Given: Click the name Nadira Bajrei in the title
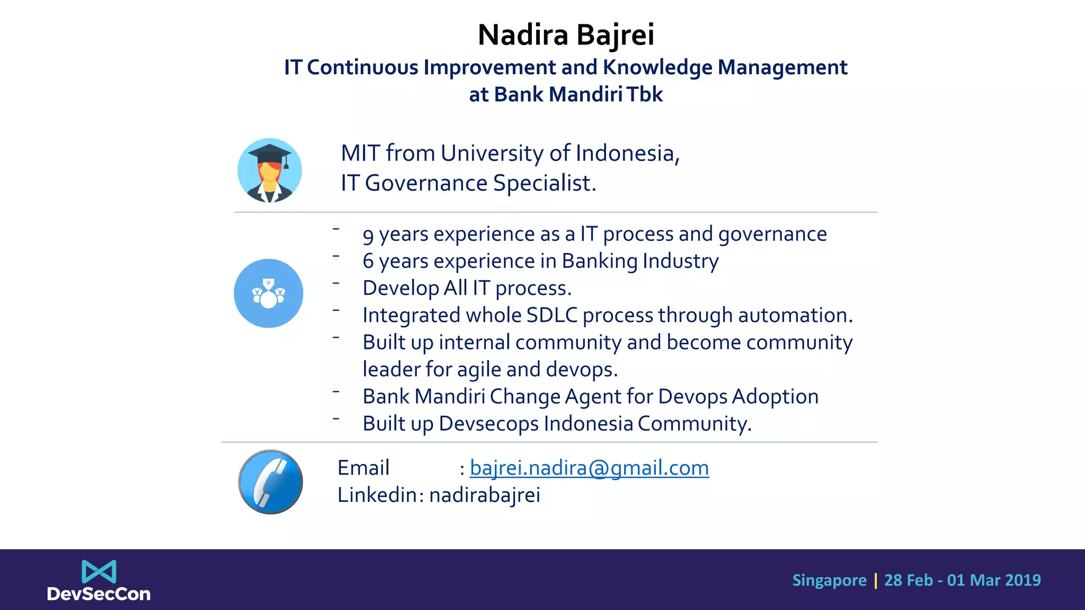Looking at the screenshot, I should pos(565,35).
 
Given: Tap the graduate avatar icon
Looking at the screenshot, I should pos(270,171).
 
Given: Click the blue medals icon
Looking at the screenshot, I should pos(269,293).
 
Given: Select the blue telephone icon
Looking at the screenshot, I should pos(270,482).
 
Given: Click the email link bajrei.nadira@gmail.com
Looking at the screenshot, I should pos(589,468).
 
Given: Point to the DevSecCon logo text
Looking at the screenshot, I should pos(99,594).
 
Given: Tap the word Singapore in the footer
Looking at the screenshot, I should pos(829,580).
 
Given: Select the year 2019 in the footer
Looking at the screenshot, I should pos(1024,580).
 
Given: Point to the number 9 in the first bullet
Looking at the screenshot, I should pos(368,235).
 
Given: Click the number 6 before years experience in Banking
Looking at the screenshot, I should pos(368,261).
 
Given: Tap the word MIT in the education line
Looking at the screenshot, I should pos(360,154).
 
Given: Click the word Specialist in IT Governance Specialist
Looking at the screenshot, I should pos(544,183).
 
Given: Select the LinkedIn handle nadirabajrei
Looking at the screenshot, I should pos(484,495).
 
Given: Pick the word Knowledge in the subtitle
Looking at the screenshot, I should pos(657,68).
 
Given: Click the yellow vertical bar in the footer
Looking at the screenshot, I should pos(875,580).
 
